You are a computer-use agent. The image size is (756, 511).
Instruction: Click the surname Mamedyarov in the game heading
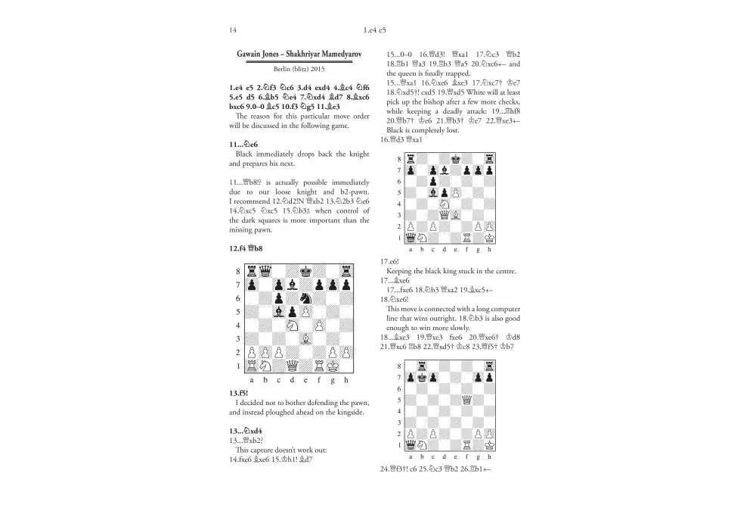[336, 55]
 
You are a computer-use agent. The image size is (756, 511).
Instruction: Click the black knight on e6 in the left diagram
[307, 298]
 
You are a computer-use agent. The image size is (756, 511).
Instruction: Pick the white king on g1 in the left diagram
[334, 366]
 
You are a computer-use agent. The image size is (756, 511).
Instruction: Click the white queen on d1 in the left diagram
[293, 366]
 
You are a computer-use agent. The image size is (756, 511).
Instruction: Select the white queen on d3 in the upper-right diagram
[445, 215]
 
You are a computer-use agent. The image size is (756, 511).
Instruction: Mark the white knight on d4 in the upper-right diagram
[445, 204]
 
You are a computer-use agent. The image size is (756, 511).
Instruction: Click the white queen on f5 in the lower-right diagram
[468, 400]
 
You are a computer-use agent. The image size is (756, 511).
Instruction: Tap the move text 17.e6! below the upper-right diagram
[390, 262]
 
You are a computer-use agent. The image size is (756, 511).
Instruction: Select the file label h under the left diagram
[348, 380]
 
